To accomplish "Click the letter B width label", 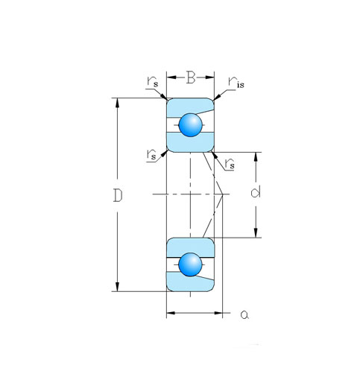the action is (x=191, y=77).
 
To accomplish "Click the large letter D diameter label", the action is (x=118, y=195).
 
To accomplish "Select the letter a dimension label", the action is (x=244, y=315).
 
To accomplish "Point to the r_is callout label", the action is (x=236, y=83).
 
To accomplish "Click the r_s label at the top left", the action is (x=153, y=81).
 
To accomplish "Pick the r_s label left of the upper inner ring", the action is (x=151, y=155).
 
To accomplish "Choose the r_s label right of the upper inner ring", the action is (x=230, y=164).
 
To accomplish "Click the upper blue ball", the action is (x=191, y=125).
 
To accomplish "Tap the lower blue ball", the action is (x=190, y=264).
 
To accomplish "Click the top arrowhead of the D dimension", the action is (x=117, y=103).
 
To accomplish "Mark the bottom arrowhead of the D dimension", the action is (x=117, y=287).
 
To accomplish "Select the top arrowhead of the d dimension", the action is (x=256, y=157).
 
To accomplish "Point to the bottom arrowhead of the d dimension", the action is (x=256, y=233).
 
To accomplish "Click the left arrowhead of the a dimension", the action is (x=171, y=313).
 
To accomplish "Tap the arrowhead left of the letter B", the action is (x=171, y=77).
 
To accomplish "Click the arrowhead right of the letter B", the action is (x=209, y=77).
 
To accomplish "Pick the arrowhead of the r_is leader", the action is (x=217, y=98).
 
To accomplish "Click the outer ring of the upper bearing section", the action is (x=190, y=107).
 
